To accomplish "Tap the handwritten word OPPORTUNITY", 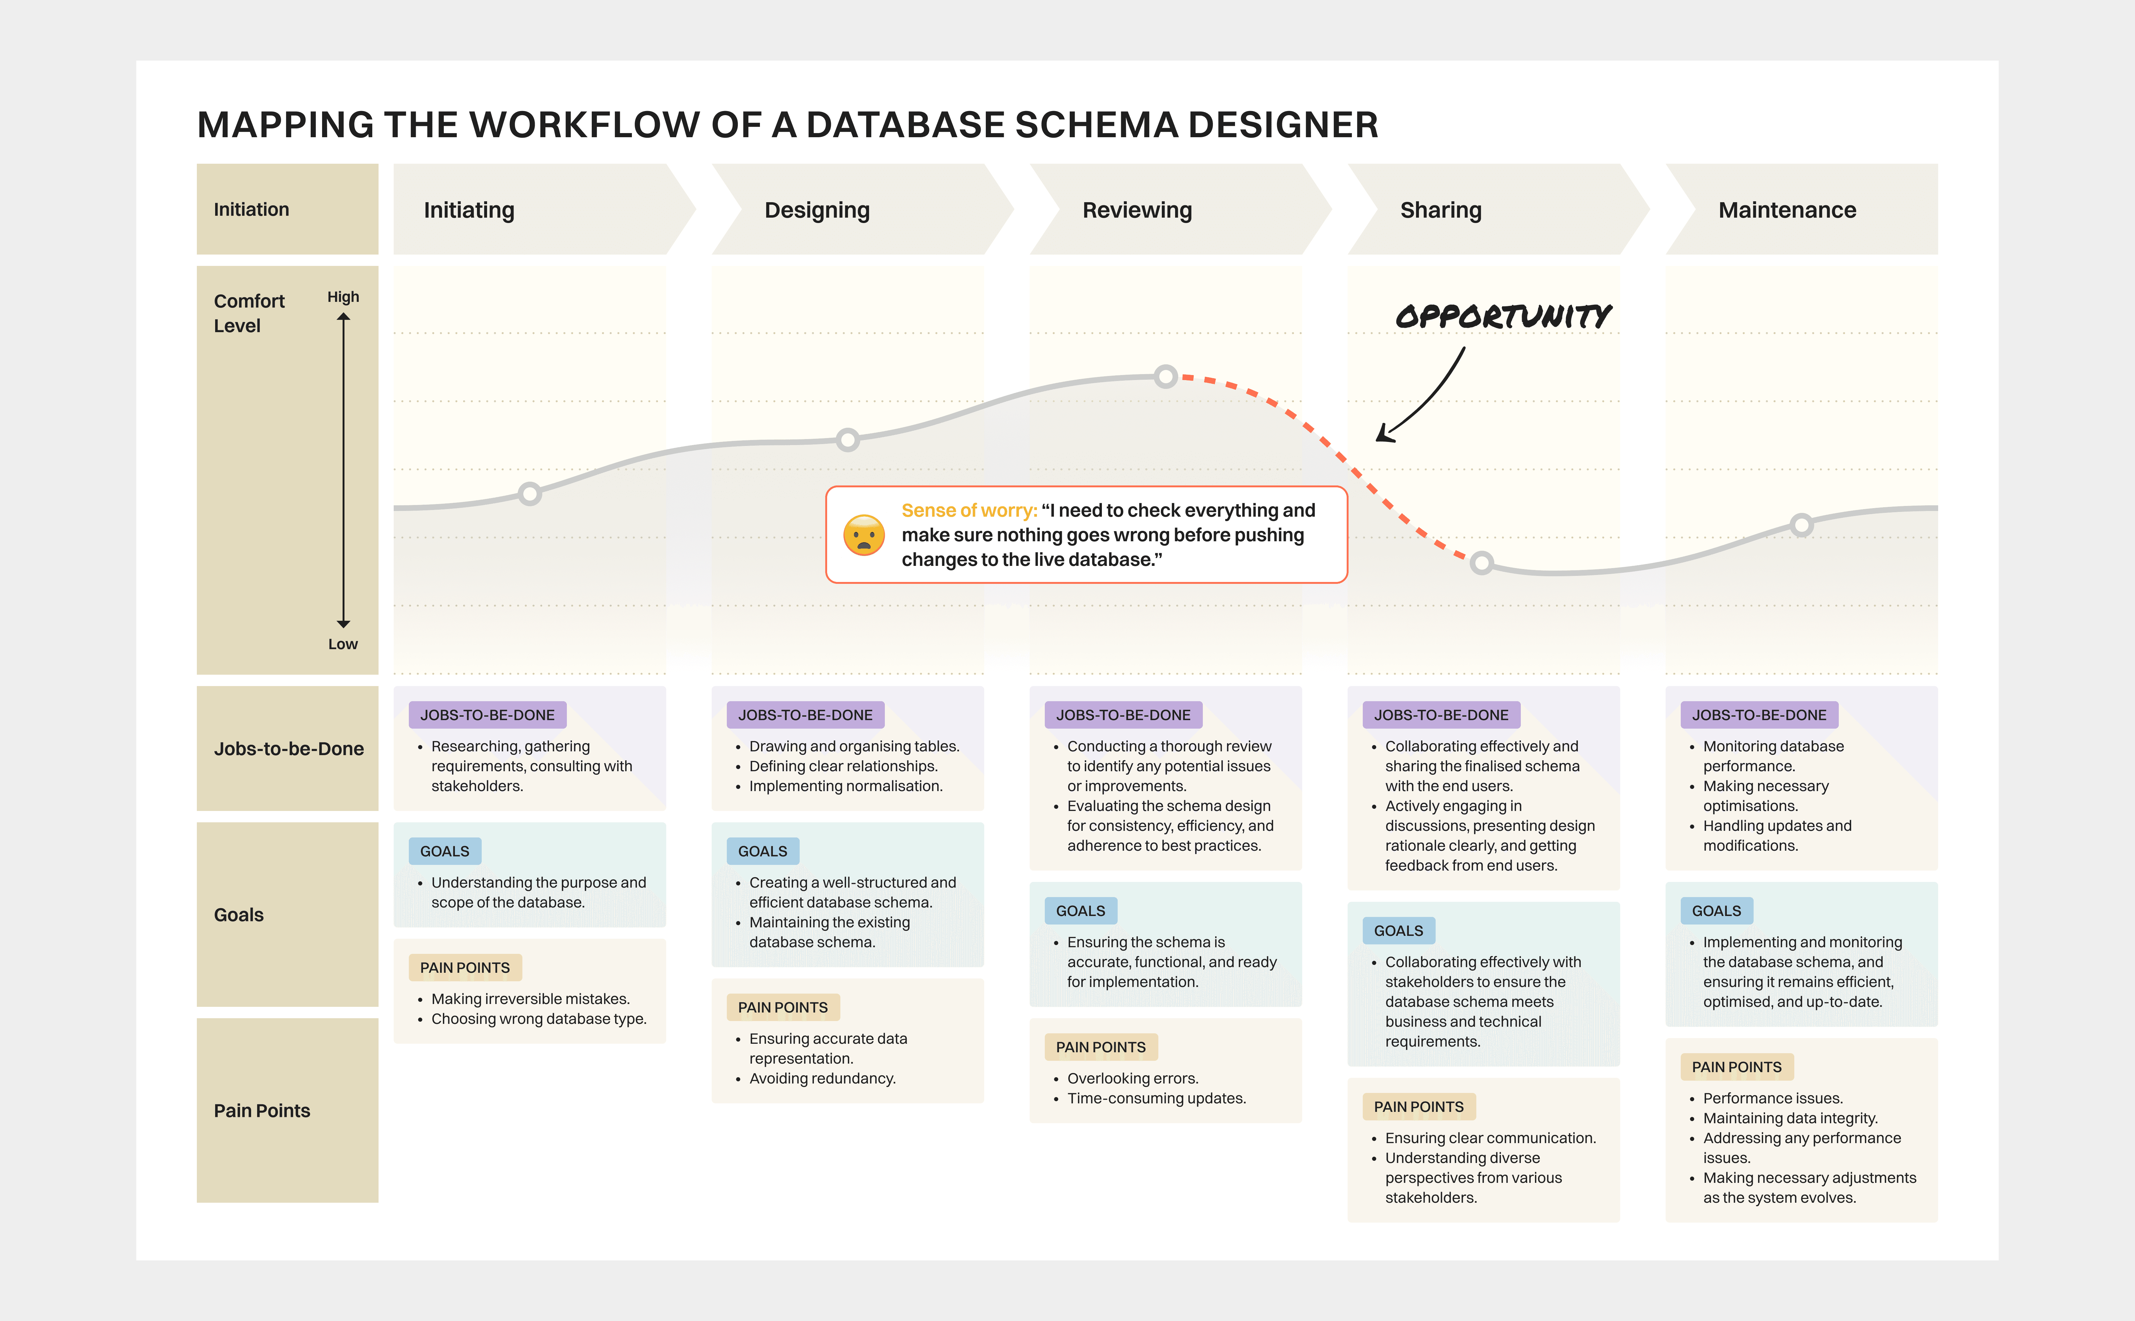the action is click(x=1503, y=316).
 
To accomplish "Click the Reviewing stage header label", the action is click(x=1137, y=211).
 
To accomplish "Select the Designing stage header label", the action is click(x=817, y=211).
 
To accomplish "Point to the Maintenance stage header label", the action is click(x=1786, y=211).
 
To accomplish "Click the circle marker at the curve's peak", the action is click(x=1165, y=377).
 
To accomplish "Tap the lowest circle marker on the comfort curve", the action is click(x=1482, y=563).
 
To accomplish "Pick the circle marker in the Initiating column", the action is click(x=529, y=494).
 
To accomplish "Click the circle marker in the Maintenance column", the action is click(x=1801, y=525).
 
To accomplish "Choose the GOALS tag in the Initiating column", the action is click(x=444, y=851).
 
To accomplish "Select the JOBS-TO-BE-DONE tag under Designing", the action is click(x=804, y=715).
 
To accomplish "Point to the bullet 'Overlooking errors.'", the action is click(x=1132, y=1078).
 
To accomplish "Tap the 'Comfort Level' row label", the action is click(x=249, y=313).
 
